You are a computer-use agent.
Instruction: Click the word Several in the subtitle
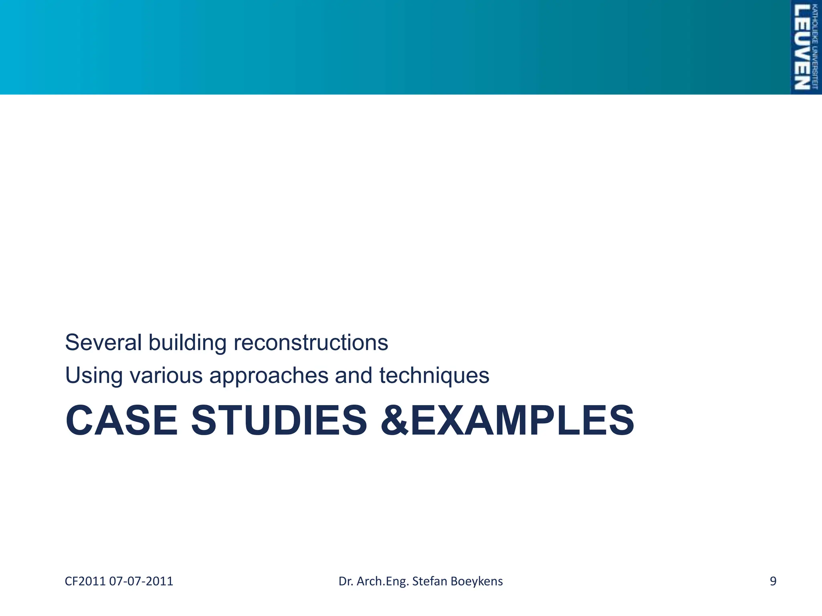[x=103, y=342]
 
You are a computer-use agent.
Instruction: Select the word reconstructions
[x=311, y=342]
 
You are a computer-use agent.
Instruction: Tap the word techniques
[x=434, y=376]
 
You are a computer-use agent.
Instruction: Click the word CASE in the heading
[x=121, y=421]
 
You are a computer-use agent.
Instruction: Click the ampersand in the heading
[x=395, y=421]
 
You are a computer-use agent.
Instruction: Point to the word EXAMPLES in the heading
[x=522, y=421]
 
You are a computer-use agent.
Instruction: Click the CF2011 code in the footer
[x=85, y=581]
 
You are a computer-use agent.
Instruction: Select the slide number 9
[x=773, y=581]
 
